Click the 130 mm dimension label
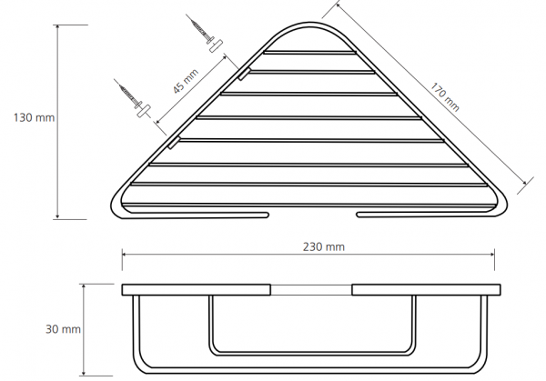(x=35, y=117)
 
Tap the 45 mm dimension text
(x=186, y=81)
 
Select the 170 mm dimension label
(x=445, y=96)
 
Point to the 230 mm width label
(x=323, y=246)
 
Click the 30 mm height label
(x=63, y=329)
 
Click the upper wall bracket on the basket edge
(x=245, y=74)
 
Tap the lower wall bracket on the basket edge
(x=174, y=143)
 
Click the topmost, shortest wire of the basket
(x=310, y=53)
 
